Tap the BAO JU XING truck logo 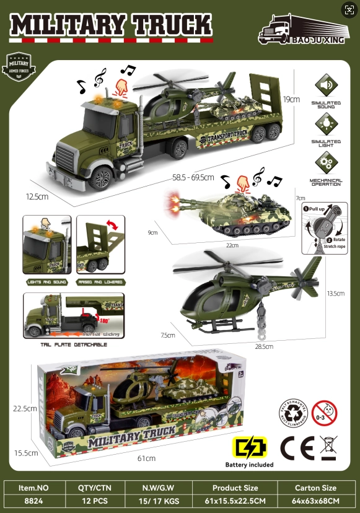click(x=302, y=29)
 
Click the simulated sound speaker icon click(x=325, y=85)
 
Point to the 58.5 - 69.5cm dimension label click(x=193, y=178)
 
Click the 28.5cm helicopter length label click(x=264, y=346)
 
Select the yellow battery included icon click(x=249, y=447)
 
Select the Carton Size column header click(x=316, y=488)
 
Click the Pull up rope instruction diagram click(x=324, y=228)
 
